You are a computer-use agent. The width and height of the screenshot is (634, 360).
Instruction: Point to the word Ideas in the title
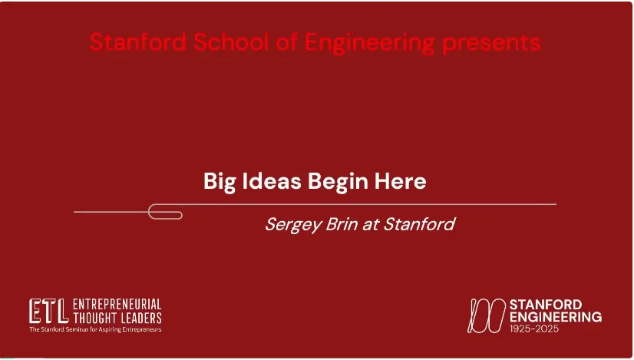272,181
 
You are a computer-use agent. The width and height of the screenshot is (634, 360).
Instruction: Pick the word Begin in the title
338,182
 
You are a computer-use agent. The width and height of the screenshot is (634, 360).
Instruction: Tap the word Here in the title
401,181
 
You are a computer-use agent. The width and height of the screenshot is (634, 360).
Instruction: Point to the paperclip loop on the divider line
165,212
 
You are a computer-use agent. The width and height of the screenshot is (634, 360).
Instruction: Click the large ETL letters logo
48,311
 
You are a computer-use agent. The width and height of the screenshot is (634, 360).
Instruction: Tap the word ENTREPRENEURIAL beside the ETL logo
117,304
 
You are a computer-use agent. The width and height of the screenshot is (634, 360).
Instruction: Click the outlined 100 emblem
487,315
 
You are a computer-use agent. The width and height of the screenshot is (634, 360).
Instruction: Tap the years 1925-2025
534,329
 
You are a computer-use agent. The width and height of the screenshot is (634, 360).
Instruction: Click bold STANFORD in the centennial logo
546,305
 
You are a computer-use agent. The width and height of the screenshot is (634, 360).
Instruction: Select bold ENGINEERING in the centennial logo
556,317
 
